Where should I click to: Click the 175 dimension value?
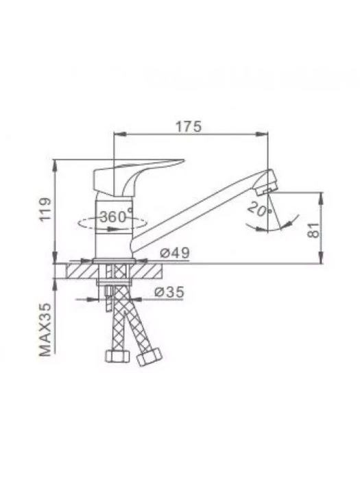point(189,126)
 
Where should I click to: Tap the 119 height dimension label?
point(46,209)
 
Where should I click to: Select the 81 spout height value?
point(313,230)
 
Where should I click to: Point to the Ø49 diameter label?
point(175,253)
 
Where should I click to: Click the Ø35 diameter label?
point(169,291)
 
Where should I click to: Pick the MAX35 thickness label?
point(45,330)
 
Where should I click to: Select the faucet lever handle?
point(132,178)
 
